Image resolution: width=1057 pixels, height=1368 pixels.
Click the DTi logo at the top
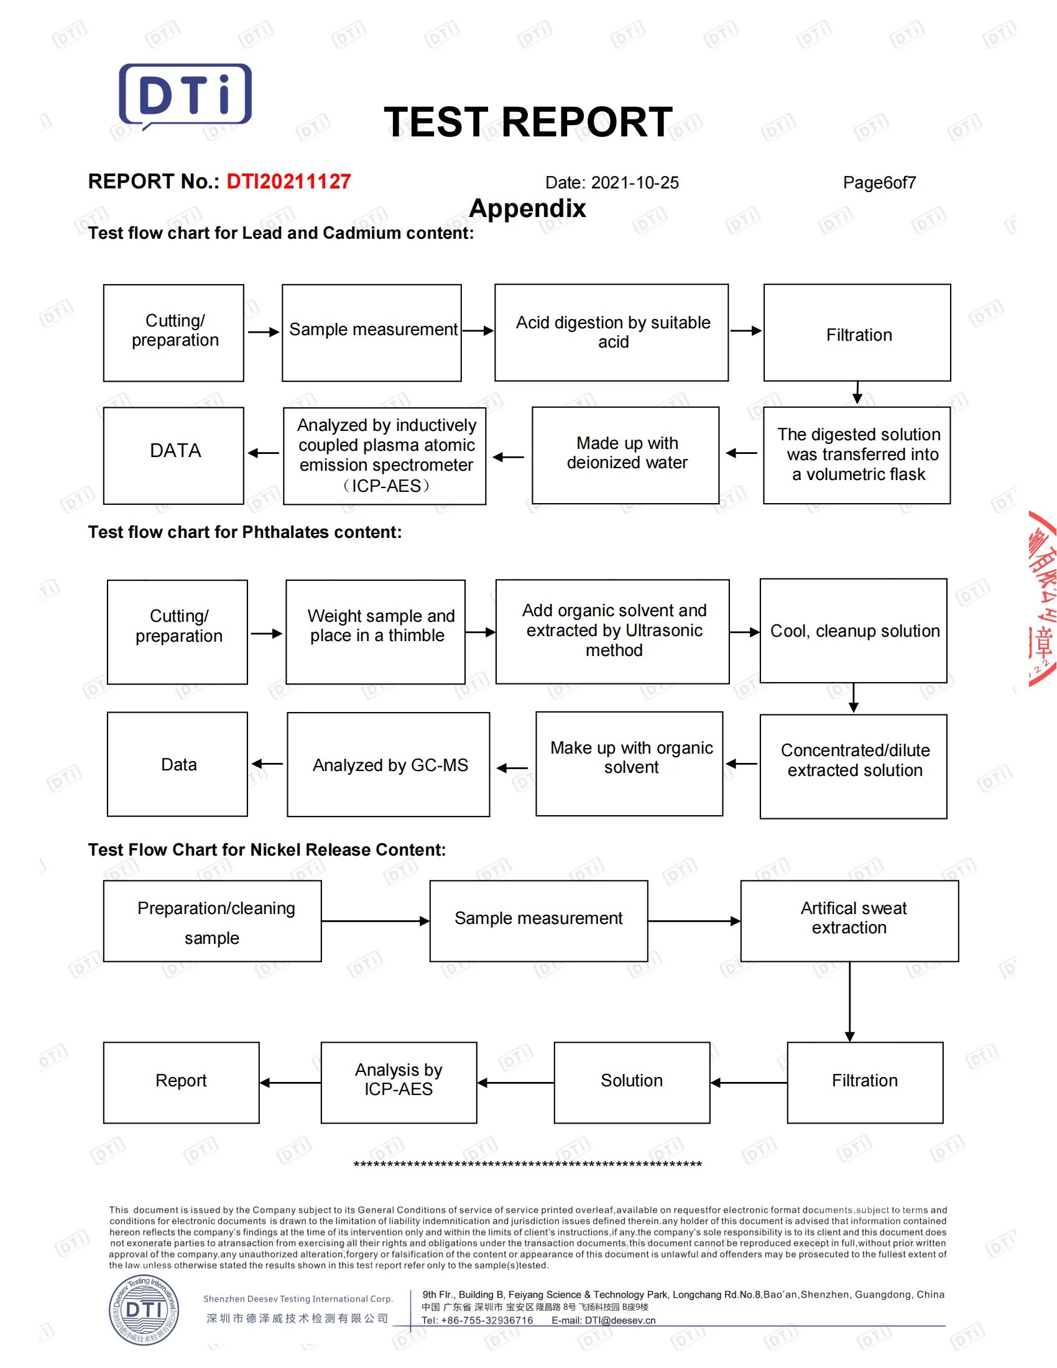(x=185, y=96)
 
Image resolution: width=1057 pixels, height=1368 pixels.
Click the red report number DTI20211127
(x=288, y=182)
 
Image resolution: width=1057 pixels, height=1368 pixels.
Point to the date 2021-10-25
(x=634, y=183)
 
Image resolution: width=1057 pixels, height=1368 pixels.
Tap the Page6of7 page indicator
(x=879, y=183)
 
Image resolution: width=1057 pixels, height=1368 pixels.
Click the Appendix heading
(x=527, y=208)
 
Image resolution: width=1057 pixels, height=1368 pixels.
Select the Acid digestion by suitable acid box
(x=611, y=333)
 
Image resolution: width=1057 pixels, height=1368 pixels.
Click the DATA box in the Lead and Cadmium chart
(x=173, y=455)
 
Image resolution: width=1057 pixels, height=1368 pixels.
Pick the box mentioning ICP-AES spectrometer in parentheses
(x=384, y=456)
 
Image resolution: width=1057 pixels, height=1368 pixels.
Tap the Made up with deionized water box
(x=625, y=455)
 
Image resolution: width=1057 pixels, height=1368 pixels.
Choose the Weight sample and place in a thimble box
(x=375, y=631)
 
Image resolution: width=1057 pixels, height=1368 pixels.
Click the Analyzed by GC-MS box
(x=388, y=764)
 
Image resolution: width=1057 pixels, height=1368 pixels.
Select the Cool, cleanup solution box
(x=853, y=631)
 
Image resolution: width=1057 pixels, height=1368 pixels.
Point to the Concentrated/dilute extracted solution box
(x=853, y=766)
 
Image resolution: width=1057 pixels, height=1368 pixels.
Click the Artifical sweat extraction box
(x=849, y=921)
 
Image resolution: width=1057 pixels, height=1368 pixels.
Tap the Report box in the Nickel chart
(x=181, y=1083)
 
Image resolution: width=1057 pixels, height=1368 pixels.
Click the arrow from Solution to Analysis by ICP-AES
(x=515, y=1083)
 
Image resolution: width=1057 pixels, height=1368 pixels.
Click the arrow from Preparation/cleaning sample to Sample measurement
(x=375, y=921)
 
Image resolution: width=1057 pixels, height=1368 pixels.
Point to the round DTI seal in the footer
(x=144, y=1310)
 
